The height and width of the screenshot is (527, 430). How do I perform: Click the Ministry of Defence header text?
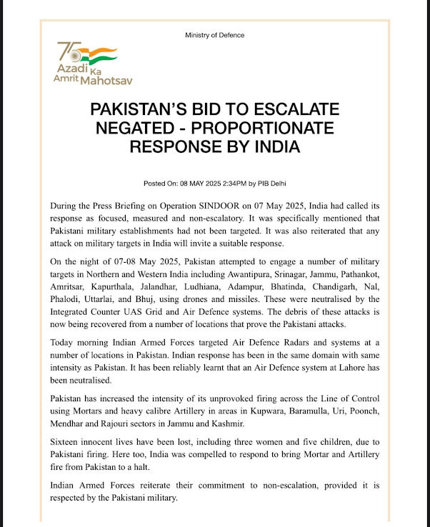[x=214, y=35]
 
